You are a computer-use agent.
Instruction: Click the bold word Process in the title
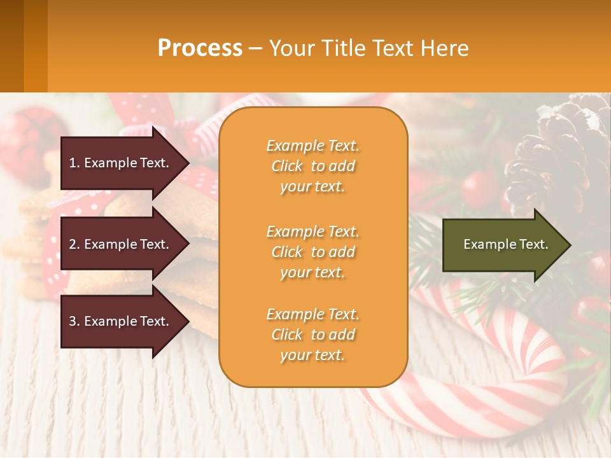click(200, 48)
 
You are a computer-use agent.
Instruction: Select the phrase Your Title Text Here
click(369, 48)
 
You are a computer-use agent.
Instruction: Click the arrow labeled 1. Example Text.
click(120, 163)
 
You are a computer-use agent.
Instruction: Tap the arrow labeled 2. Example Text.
click(120, 244)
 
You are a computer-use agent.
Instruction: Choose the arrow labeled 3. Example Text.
click(120, 321)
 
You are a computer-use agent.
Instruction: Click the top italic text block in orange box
click(313, 166)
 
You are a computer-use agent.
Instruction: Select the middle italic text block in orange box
click(313, 252)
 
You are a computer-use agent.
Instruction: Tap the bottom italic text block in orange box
click(313, 335)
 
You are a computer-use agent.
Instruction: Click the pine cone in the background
click(560, 153)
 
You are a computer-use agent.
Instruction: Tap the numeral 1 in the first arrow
click(73, 163)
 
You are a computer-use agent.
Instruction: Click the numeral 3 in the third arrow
click(73, 321)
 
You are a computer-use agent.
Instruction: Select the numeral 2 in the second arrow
click(73, 244)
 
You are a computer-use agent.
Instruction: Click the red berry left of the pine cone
click(479, 188)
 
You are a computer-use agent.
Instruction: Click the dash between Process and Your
click(255, 49)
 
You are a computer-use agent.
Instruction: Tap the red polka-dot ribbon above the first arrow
click(143, 111)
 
